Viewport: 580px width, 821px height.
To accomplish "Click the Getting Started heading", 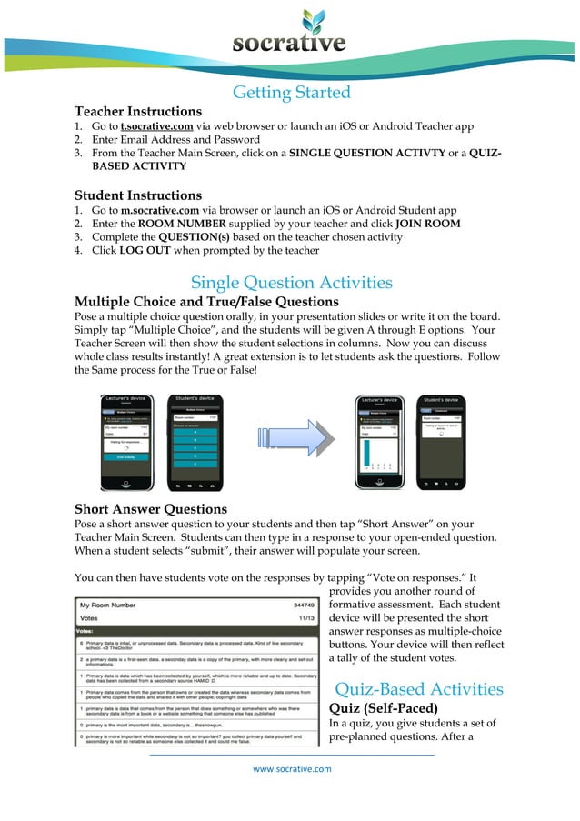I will (x=291, y=92).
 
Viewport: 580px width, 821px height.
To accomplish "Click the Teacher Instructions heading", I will (x=137, y=111).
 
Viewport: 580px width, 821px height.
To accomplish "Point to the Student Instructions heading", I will (x=137, y=195).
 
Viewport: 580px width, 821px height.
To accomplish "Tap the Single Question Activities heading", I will (x=291, y=282).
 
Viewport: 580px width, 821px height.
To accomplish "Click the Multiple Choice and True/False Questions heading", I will (x=206, y=301).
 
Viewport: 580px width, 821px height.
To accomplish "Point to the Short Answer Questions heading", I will (x=150, y=508).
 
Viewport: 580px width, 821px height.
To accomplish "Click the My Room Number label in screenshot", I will (x=108, y=604).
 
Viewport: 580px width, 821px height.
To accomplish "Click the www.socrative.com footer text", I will (x=292, y=768).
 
